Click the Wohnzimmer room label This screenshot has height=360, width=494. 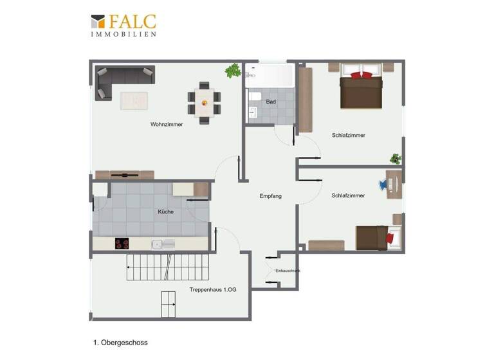coord(167,125)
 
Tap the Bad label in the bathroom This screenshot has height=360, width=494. coord(271,102)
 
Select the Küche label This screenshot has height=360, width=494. coord(165,212)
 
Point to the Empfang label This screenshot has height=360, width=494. coord(270,196)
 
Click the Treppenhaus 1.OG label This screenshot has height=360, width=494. coord(213,290)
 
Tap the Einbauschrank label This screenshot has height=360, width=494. coord(288,271)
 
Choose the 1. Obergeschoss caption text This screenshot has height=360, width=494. coord(120,343)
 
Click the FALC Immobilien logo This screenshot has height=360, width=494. coord(123,25)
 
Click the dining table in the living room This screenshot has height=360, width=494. coord(204,102)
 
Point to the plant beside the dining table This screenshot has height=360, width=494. coord(232,70)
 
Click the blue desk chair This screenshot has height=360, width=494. coord(385,185)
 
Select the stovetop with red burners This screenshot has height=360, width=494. coord(122,244)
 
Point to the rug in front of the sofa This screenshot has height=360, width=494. coord(134,101)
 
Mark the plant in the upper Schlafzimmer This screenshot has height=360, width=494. coord(396,158)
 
